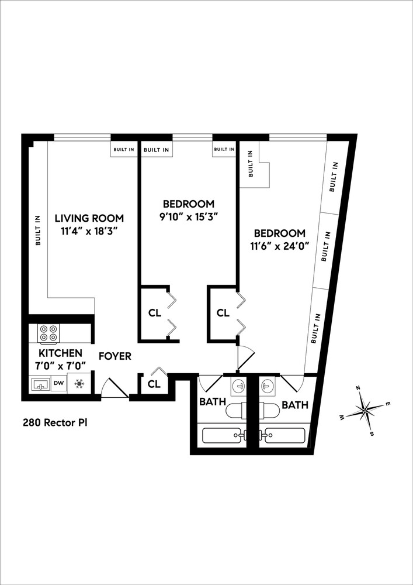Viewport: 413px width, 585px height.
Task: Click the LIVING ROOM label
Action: tap(89, 218)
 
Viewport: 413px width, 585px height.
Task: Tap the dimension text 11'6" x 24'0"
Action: tap(279, 246)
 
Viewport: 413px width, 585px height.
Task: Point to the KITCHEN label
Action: tap(60, 353)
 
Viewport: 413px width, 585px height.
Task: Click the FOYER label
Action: tap(114, 356)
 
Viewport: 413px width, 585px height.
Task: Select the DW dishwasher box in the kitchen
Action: tap(59, 384)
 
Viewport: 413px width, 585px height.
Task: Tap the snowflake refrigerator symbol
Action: tap(79, 384)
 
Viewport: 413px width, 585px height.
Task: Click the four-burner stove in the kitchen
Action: tap(48, 333)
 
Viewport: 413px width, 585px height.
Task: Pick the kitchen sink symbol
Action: tap(40, 384)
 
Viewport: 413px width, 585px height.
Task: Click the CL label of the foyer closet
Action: tap(154, 384)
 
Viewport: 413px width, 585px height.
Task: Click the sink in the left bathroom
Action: tap(238, 386)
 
